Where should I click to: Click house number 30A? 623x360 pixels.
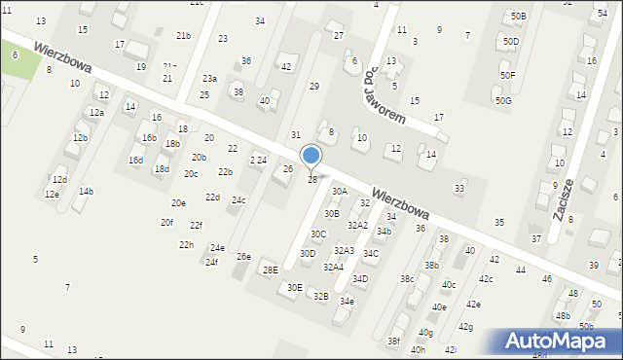coord(339,192)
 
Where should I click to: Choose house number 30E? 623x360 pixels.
coord(294,287)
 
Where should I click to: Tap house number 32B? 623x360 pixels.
coord(320,296)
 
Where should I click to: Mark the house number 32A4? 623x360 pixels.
coord(334,267)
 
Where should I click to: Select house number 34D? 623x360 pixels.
coord(360,279)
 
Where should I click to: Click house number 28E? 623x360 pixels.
coord(270,270)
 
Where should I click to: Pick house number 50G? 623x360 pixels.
coord(502,100)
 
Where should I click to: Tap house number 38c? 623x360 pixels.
coord(407,279)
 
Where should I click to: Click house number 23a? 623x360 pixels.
coord(209,78)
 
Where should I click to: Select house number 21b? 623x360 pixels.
coord(183,35)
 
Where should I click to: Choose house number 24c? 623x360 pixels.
coord(238,200)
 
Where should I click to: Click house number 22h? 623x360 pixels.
coord(186,244)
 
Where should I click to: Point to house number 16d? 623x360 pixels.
coord(135,160)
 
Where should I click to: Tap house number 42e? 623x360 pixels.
coord(472,305)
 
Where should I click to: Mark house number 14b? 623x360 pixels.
coord(86,192)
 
